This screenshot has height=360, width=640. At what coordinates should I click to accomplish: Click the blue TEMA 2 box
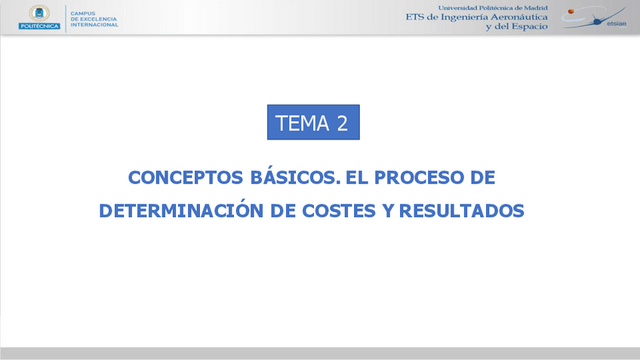[x=313, y=122]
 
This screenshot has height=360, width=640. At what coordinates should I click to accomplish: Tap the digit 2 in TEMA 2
[x=342, y=123]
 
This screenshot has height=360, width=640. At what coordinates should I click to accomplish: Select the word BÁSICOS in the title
[x=291, y=177]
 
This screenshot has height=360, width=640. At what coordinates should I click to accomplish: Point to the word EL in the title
[x=355, y=177]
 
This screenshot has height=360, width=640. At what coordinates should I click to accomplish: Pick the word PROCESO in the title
[x=417, y=177]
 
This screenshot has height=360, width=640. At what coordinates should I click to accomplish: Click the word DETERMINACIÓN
[x=181, y=211]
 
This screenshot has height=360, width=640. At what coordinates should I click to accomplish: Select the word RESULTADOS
[x=460, y=211]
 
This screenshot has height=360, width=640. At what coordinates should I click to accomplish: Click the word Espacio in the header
[x=529, y=26]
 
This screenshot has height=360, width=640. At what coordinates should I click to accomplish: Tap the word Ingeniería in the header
[x=462, y=17]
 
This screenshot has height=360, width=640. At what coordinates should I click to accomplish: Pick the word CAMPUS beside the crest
[x=82, y=13]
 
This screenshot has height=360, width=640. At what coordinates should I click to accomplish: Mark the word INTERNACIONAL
[x=94, y=25]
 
